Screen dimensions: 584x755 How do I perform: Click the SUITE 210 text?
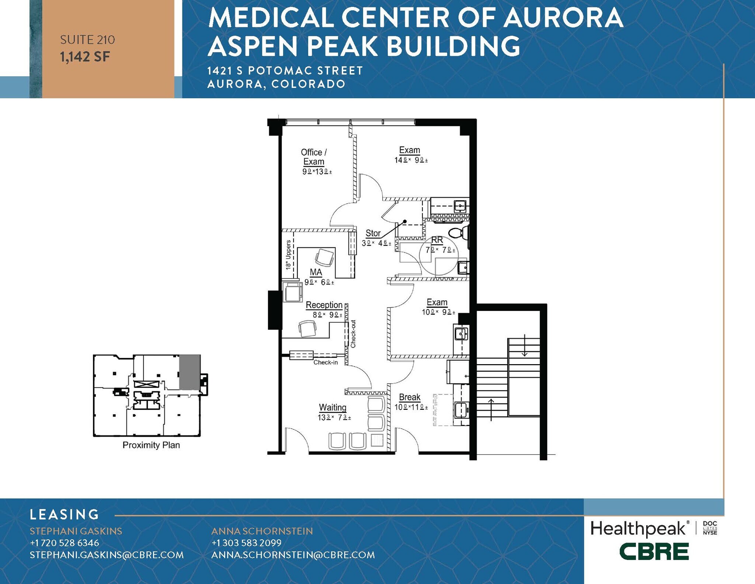click(87, 40)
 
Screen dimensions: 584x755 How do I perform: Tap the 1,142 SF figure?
click(85, 57)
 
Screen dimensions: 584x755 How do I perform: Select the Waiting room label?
click(333, 407)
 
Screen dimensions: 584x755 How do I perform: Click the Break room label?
click(410, 397)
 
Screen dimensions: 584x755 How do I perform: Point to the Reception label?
click(324, 305)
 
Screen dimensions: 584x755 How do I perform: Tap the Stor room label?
click(373, 233)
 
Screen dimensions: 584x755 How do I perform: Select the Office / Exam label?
click(314, 157)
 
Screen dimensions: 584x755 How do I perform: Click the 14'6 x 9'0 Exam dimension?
click(411, 160)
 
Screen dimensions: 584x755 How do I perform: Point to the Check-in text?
click(326, 362)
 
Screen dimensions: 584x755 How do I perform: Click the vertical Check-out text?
click(353, 334)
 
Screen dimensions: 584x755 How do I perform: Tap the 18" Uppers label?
click(289, 255)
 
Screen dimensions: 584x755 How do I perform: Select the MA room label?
click(316, 272)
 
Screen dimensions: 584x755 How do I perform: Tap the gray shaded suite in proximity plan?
click(190, 372)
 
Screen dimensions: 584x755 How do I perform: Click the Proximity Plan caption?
click(151, 445)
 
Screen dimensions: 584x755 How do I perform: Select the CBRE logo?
click(654, 552)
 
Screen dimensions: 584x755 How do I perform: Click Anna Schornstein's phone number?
click(246, 543)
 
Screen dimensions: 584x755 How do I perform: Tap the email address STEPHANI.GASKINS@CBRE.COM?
click(107, 555)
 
